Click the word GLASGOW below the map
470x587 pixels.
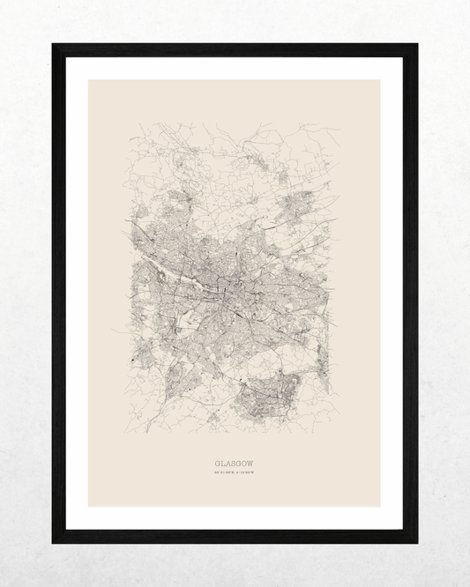235,462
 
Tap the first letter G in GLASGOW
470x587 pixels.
217,462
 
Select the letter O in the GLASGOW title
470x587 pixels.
246,462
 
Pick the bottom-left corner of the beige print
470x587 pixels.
89,506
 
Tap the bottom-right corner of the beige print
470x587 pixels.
380,506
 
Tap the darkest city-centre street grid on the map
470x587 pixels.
231,286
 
